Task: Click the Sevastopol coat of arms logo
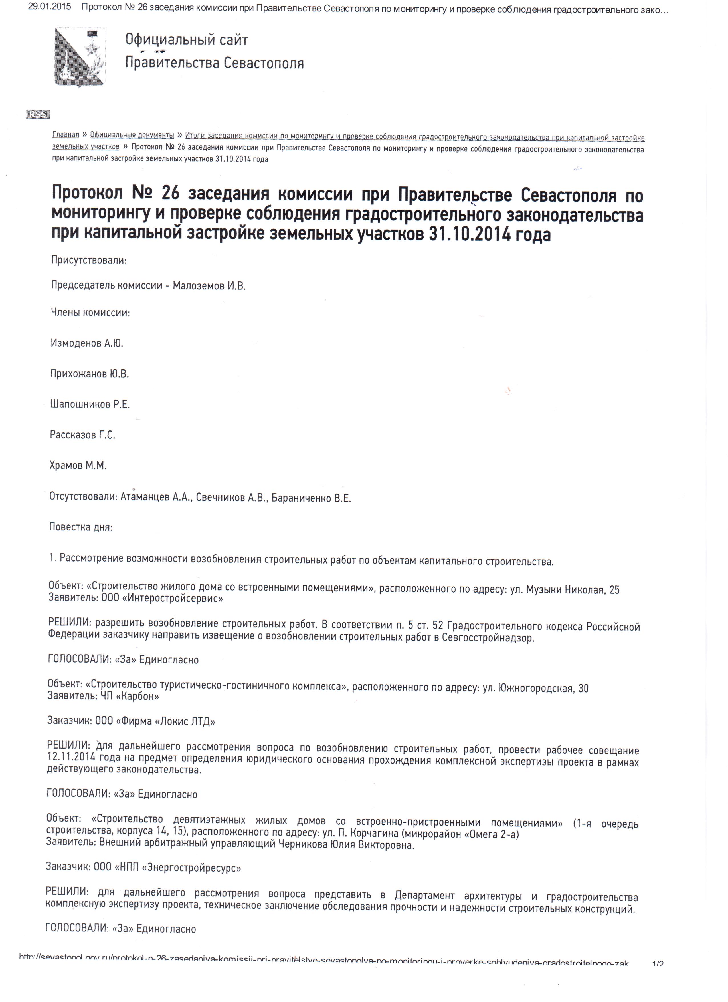coord(80,57)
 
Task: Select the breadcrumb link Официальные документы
coord(132,135)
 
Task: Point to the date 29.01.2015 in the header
coord(49,7)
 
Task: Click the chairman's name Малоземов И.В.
coord(209,286)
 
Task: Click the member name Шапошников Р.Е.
coord(90,404)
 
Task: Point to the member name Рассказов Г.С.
coord(82,435)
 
